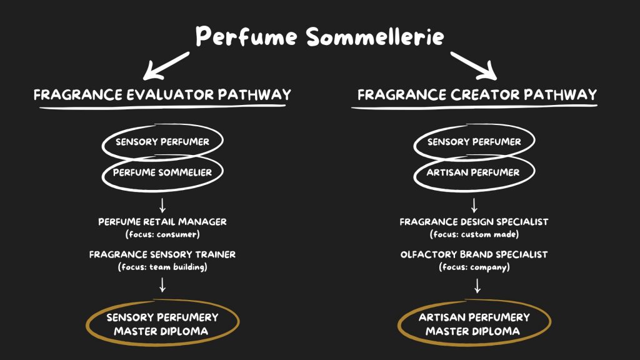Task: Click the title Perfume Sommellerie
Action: (319, 36)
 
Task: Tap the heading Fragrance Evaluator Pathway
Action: (162, 95)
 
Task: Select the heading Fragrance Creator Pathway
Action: (477, 95)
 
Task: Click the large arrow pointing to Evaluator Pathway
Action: (165, 66)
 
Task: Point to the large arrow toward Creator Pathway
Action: (474, 66)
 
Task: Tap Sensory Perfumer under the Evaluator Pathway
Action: (162, 142)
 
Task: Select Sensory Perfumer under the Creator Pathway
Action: (474, 142)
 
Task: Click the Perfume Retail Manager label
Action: (162, 222)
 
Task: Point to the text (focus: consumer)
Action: (162, 234)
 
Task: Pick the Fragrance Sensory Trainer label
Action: (162, 254)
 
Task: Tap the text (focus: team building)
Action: (162, 267)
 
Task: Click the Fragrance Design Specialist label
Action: (474, 222)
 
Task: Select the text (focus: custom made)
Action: (474, 234)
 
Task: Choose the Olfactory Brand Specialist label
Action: (474, 254)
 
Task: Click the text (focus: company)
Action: (474, 267)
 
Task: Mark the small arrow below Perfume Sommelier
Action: (162, 205)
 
